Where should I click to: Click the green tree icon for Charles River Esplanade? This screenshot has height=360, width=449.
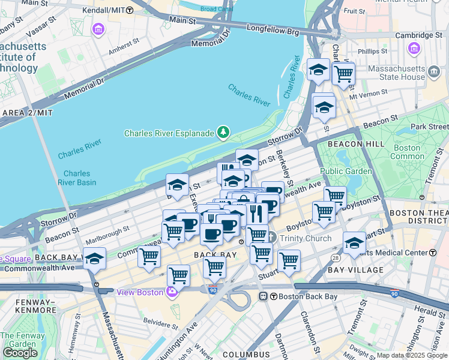tap(223, 132)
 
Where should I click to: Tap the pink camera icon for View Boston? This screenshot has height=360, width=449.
tap(173, 292)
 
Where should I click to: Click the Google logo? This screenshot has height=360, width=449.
tap(20, 352)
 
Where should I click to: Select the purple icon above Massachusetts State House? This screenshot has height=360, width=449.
tap(414, 48)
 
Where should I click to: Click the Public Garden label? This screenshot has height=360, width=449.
tap(338, 171)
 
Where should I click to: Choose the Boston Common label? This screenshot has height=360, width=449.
tap(407, 152)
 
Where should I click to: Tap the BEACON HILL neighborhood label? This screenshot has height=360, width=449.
tap(354, 144)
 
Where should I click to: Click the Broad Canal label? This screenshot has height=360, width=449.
tap(216, 9)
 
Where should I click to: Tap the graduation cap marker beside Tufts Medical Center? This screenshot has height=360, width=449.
tap(354, 243)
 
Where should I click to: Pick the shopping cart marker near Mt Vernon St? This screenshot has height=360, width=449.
tap(343, 74)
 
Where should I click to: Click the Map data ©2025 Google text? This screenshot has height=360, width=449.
tap(412, 355)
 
